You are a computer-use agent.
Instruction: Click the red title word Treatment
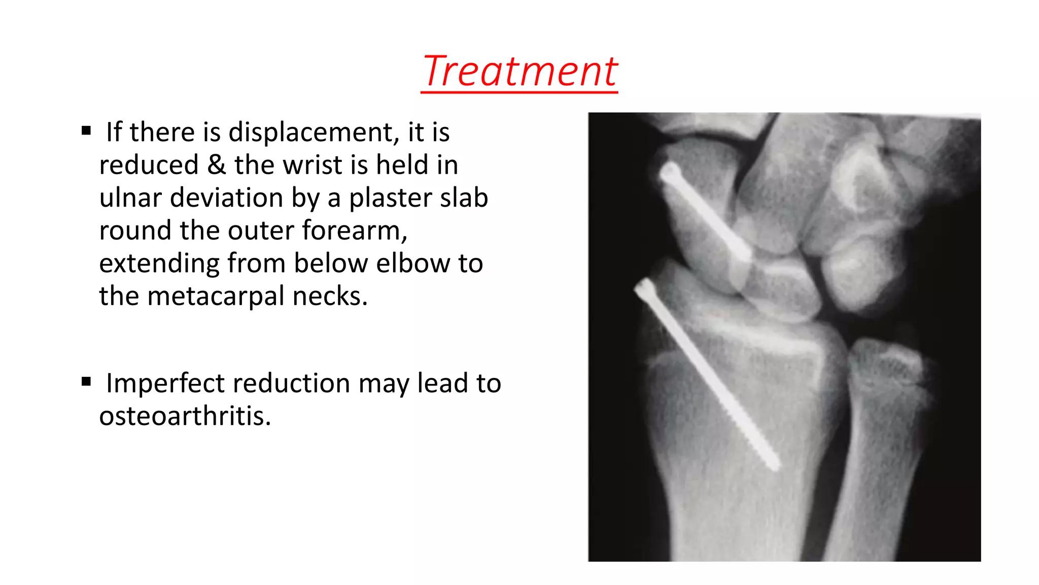coord(519,71)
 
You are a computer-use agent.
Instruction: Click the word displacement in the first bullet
coord(310,133)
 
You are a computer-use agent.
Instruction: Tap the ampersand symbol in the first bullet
coord(217,165)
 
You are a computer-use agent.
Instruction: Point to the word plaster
coord(390,198)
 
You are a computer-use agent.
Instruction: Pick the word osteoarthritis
coord(185,416)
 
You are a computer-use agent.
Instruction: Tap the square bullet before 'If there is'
coord(86,131)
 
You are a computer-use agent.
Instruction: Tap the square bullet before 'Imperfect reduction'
coord(86,381)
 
